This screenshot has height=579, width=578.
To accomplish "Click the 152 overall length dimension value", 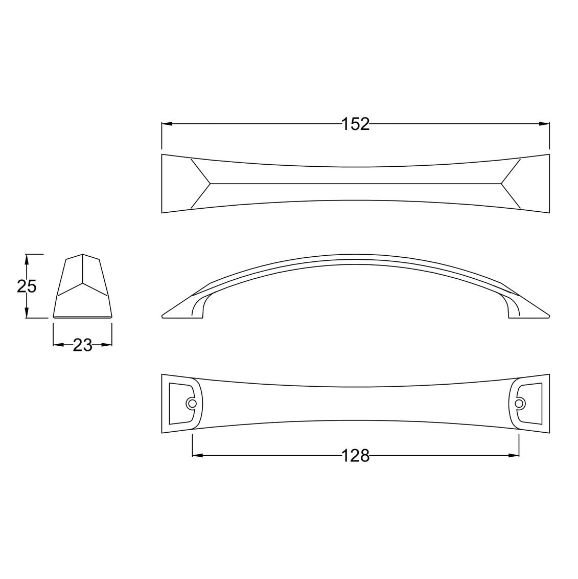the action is pos(356,124).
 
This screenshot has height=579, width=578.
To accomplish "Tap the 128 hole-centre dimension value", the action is pos(356,456).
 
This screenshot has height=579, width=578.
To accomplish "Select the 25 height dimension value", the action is pos(27,286).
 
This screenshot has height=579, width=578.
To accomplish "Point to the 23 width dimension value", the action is pos(82,345).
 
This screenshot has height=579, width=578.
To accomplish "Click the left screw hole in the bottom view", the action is pos(192,403).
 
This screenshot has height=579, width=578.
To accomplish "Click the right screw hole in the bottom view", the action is pos(519,403).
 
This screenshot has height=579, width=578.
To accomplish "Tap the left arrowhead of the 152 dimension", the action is pos(167,124).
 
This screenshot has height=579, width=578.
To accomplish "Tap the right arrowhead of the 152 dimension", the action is pos(544,124).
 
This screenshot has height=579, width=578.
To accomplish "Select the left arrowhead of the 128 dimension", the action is pos(198,456).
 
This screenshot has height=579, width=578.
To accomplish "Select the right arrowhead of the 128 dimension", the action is pos(514,456).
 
